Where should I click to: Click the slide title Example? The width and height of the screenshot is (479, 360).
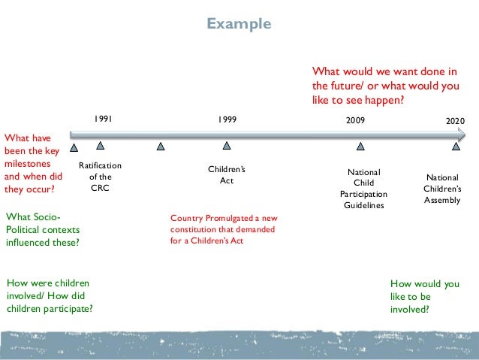pyautogui.click(x=239, y=24)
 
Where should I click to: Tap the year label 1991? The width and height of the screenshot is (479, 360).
pyautogui.click(x=104, y=119)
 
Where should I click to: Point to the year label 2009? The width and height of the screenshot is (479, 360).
pyautogui.click(x=356, y=120)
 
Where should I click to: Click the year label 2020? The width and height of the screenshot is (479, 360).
pyautogui.click(x=455, y=120)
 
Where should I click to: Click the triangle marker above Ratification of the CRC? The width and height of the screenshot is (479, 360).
pyautogui.click(x=100, y=146)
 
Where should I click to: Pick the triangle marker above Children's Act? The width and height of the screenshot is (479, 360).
pyautogui.click(x=226, y=146)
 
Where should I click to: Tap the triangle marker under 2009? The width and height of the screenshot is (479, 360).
pyautogui.click(x=360, y=147)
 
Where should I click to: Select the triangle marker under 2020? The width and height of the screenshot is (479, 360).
pyautogui.click(x=455, y=147)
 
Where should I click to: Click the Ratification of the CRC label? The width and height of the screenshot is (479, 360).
pyautogui.click(x=100, y=177)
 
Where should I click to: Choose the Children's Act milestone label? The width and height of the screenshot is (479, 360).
pyautogui.click(x=226, y=175)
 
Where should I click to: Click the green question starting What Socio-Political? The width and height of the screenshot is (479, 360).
pyautogui.click(x=42, y=230)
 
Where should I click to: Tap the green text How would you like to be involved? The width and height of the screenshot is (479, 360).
pyautogui.click(x=424, y=296)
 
